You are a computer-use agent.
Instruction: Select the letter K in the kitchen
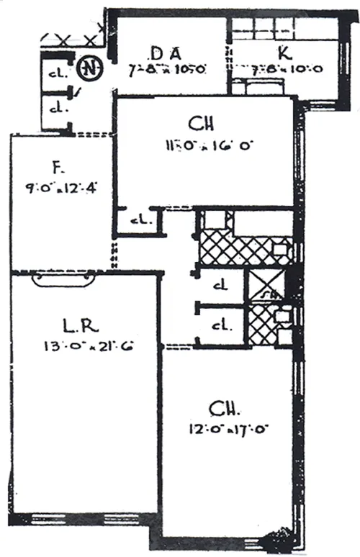click(284, 53)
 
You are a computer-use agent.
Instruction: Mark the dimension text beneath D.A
click(168, 70)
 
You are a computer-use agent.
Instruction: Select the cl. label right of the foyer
click(138, 220)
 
